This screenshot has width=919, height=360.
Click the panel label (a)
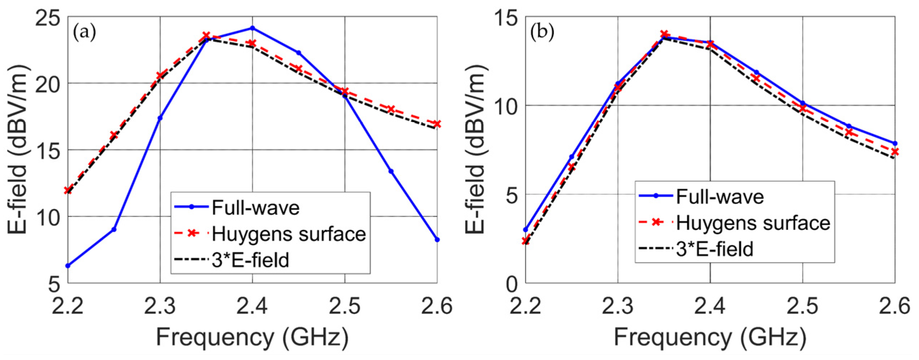(x=84, y=33)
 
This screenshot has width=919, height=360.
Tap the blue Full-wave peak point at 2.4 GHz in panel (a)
(x=252, y=28)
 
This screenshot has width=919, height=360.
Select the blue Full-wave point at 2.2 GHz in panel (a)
(x=68, y=266)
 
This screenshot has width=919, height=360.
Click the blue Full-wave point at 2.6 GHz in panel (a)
(x=437, y=240)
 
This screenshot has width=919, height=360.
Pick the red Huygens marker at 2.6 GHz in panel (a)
(x=437, y=124)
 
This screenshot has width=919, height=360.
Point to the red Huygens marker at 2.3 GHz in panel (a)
(x=160, y=75)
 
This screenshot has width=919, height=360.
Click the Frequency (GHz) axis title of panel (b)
(x=710, y=337)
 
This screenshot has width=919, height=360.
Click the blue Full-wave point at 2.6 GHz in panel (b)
(x=895, y=143)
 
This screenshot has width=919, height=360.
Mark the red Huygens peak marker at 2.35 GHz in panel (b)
(x=664, y=35)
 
